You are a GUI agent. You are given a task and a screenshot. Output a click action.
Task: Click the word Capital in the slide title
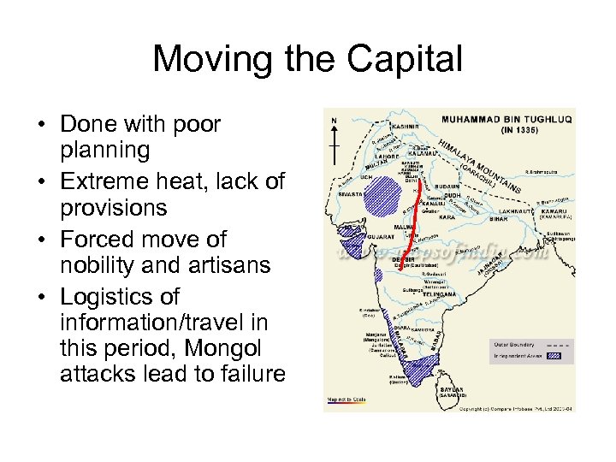pos(403,60)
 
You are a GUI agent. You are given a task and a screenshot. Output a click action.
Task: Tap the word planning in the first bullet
pos(105,151)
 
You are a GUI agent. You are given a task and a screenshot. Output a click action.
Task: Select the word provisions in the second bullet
pos(114,209)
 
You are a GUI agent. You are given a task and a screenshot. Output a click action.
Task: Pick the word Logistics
pos(118,296)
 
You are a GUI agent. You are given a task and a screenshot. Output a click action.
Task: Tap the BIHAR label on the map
pos(497,219)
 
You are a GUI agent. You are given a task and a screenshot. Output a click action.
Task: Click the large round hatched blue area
pos(376,198)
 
